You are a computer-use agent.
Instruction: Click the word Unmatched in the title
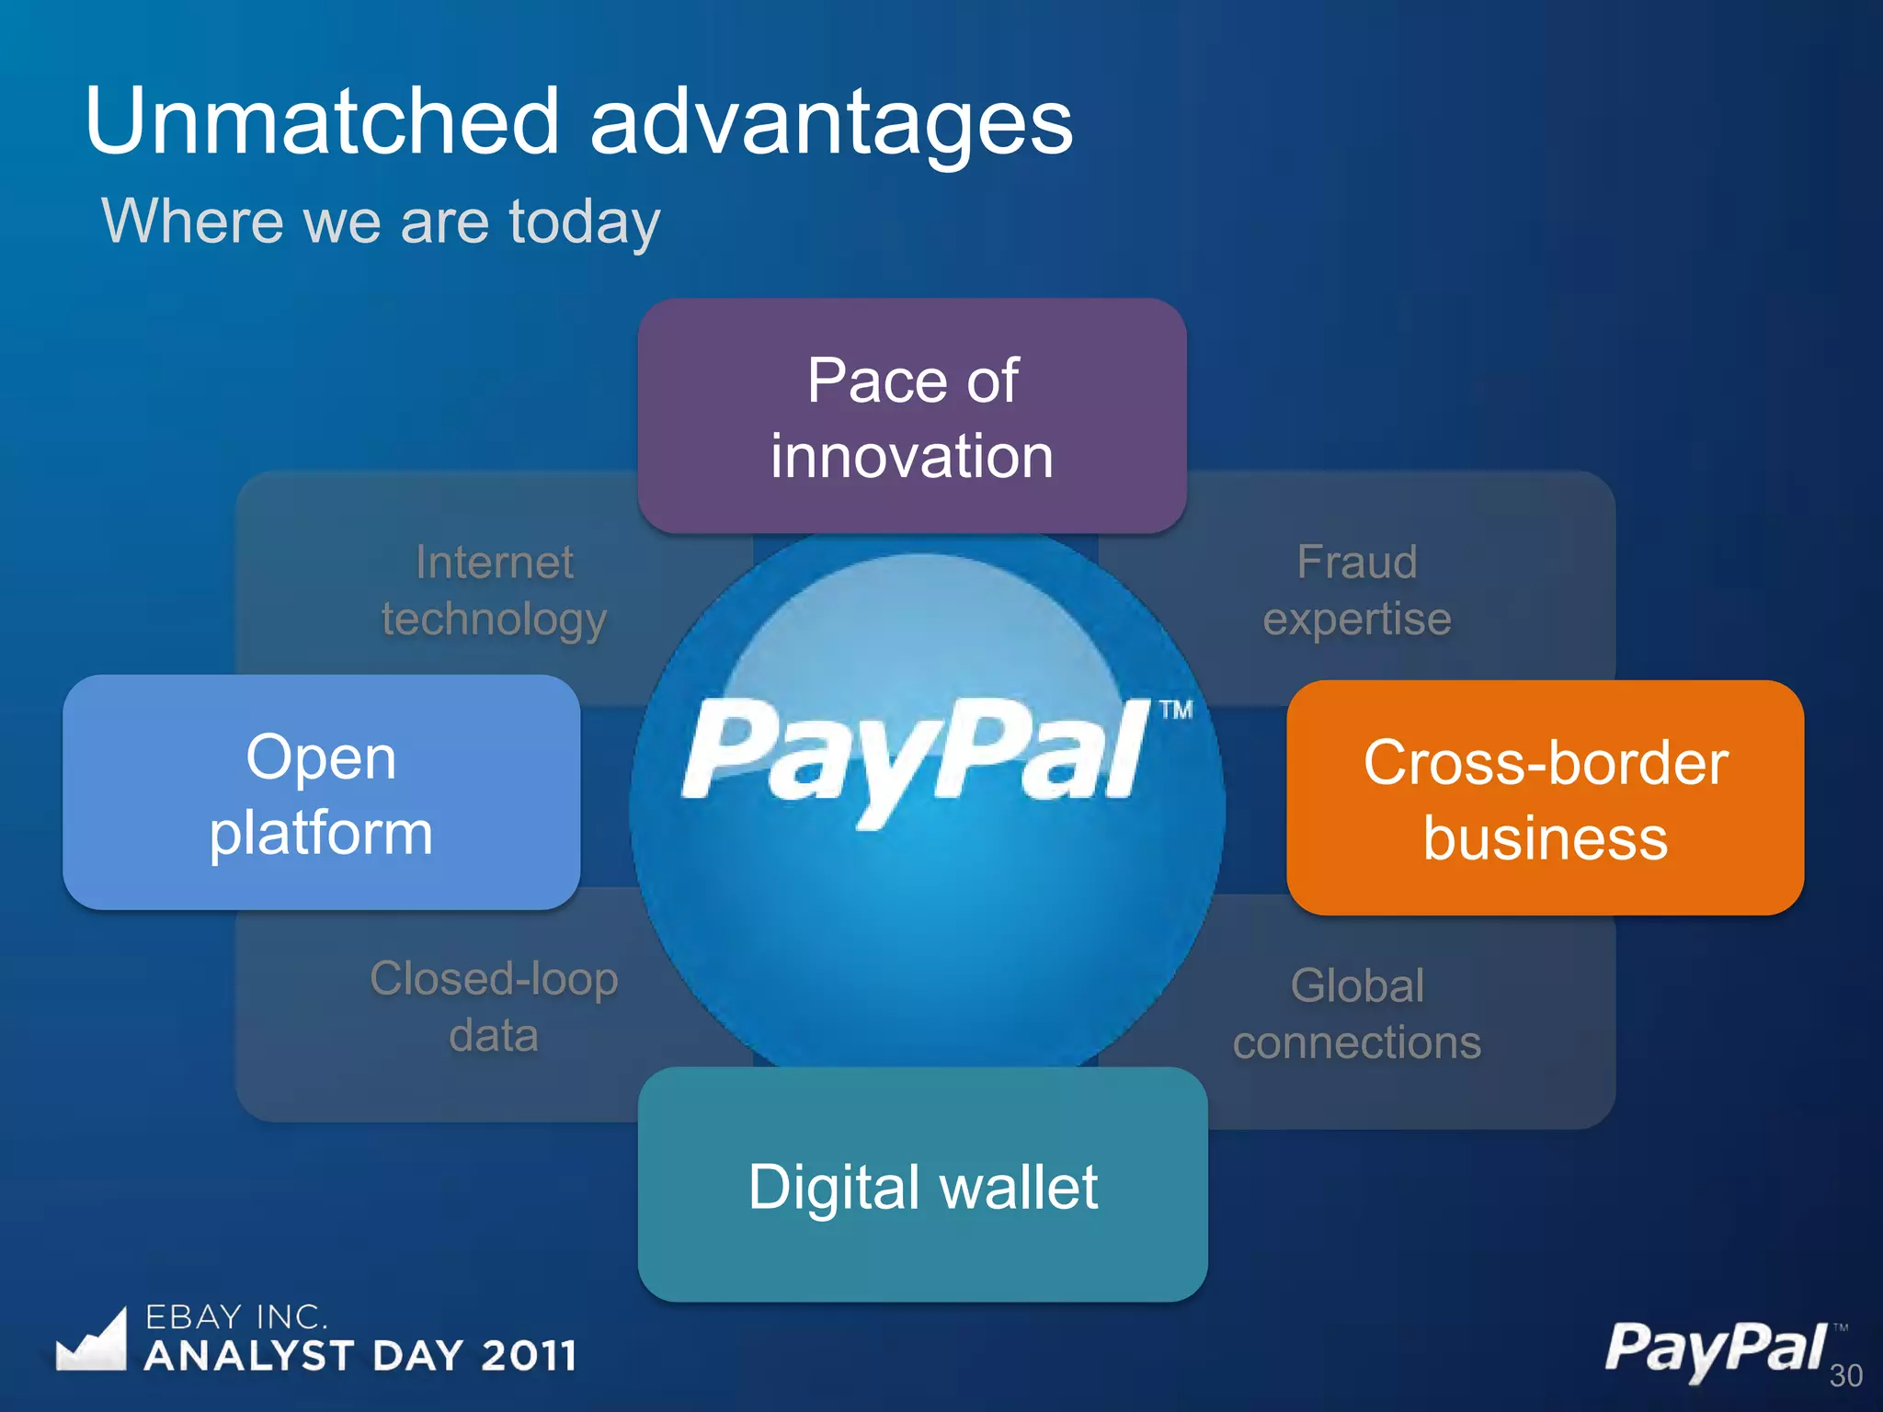(322, 121)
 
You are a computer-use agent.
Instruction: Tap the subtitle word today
(585, 222)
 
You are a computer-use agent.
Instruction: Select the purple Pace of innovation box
(911, 416)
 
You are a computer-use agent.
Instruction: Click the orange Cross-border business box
(1545, 798)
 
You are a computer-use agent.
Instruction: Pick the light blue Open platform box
(321, 792)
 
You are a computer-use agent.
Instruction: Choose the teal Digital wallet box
(922, 1184)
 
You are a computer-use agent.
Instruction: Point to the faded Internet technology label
(495, 590)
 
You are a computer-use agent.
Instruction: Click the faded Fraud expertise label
(1356, 590)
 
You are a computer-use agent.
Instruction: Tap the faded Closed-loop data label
(494, 1006)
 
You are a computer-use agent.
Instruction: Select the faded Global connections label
(1356, 1013)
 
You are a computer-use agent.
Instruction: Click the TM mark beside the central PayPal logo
(1175, 710)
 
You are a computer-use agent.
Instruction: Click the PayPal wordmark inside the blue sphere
(915, 754)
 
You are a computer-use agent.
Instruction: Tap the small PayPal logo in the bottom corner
(1716, 1348)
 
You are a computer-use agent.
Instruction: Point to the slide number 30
(1845, 1375)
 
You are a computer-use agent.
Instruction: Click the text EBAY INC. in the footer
(235, 1317)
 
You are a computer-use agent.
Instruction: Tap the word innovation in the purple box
(911, 456)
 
